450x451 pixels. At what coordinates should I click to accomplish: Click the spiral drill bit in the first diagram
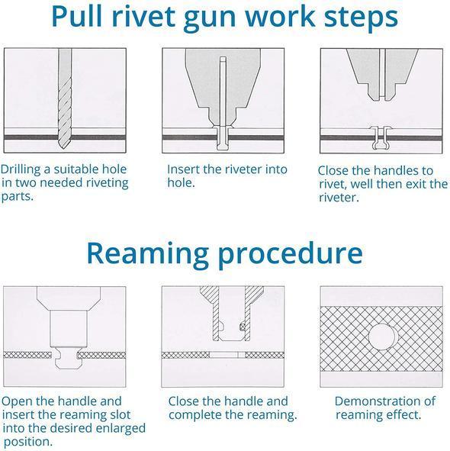65,98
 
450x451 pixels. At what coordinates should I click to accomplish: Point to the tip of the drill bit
63,148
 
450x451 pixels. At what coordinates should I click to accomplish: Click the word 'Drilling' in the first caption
21,169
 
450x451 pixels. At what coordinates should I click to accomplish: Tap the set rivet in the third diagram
381,138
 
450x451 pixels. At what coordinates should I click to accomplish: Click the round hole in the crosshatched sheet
382,337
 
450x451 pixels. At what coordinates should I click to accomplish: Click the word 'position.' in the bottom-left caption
28,442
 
